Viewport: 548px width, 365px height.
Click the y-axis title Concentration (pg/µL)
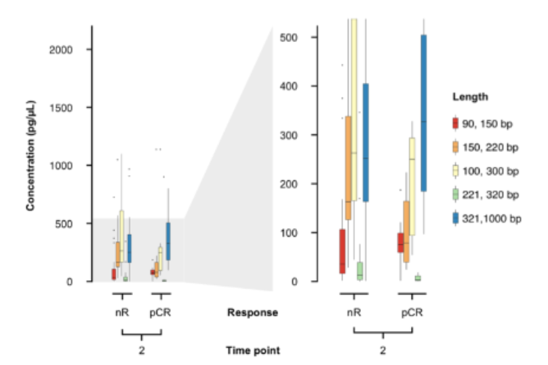31,156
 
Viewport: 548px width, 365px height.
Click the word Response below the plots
252,313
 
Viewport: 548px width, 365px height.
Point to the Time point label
252,350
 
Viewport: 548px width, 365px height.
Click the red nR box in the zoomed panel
342,251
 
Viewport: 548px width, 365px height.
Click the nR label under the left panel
122,313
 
